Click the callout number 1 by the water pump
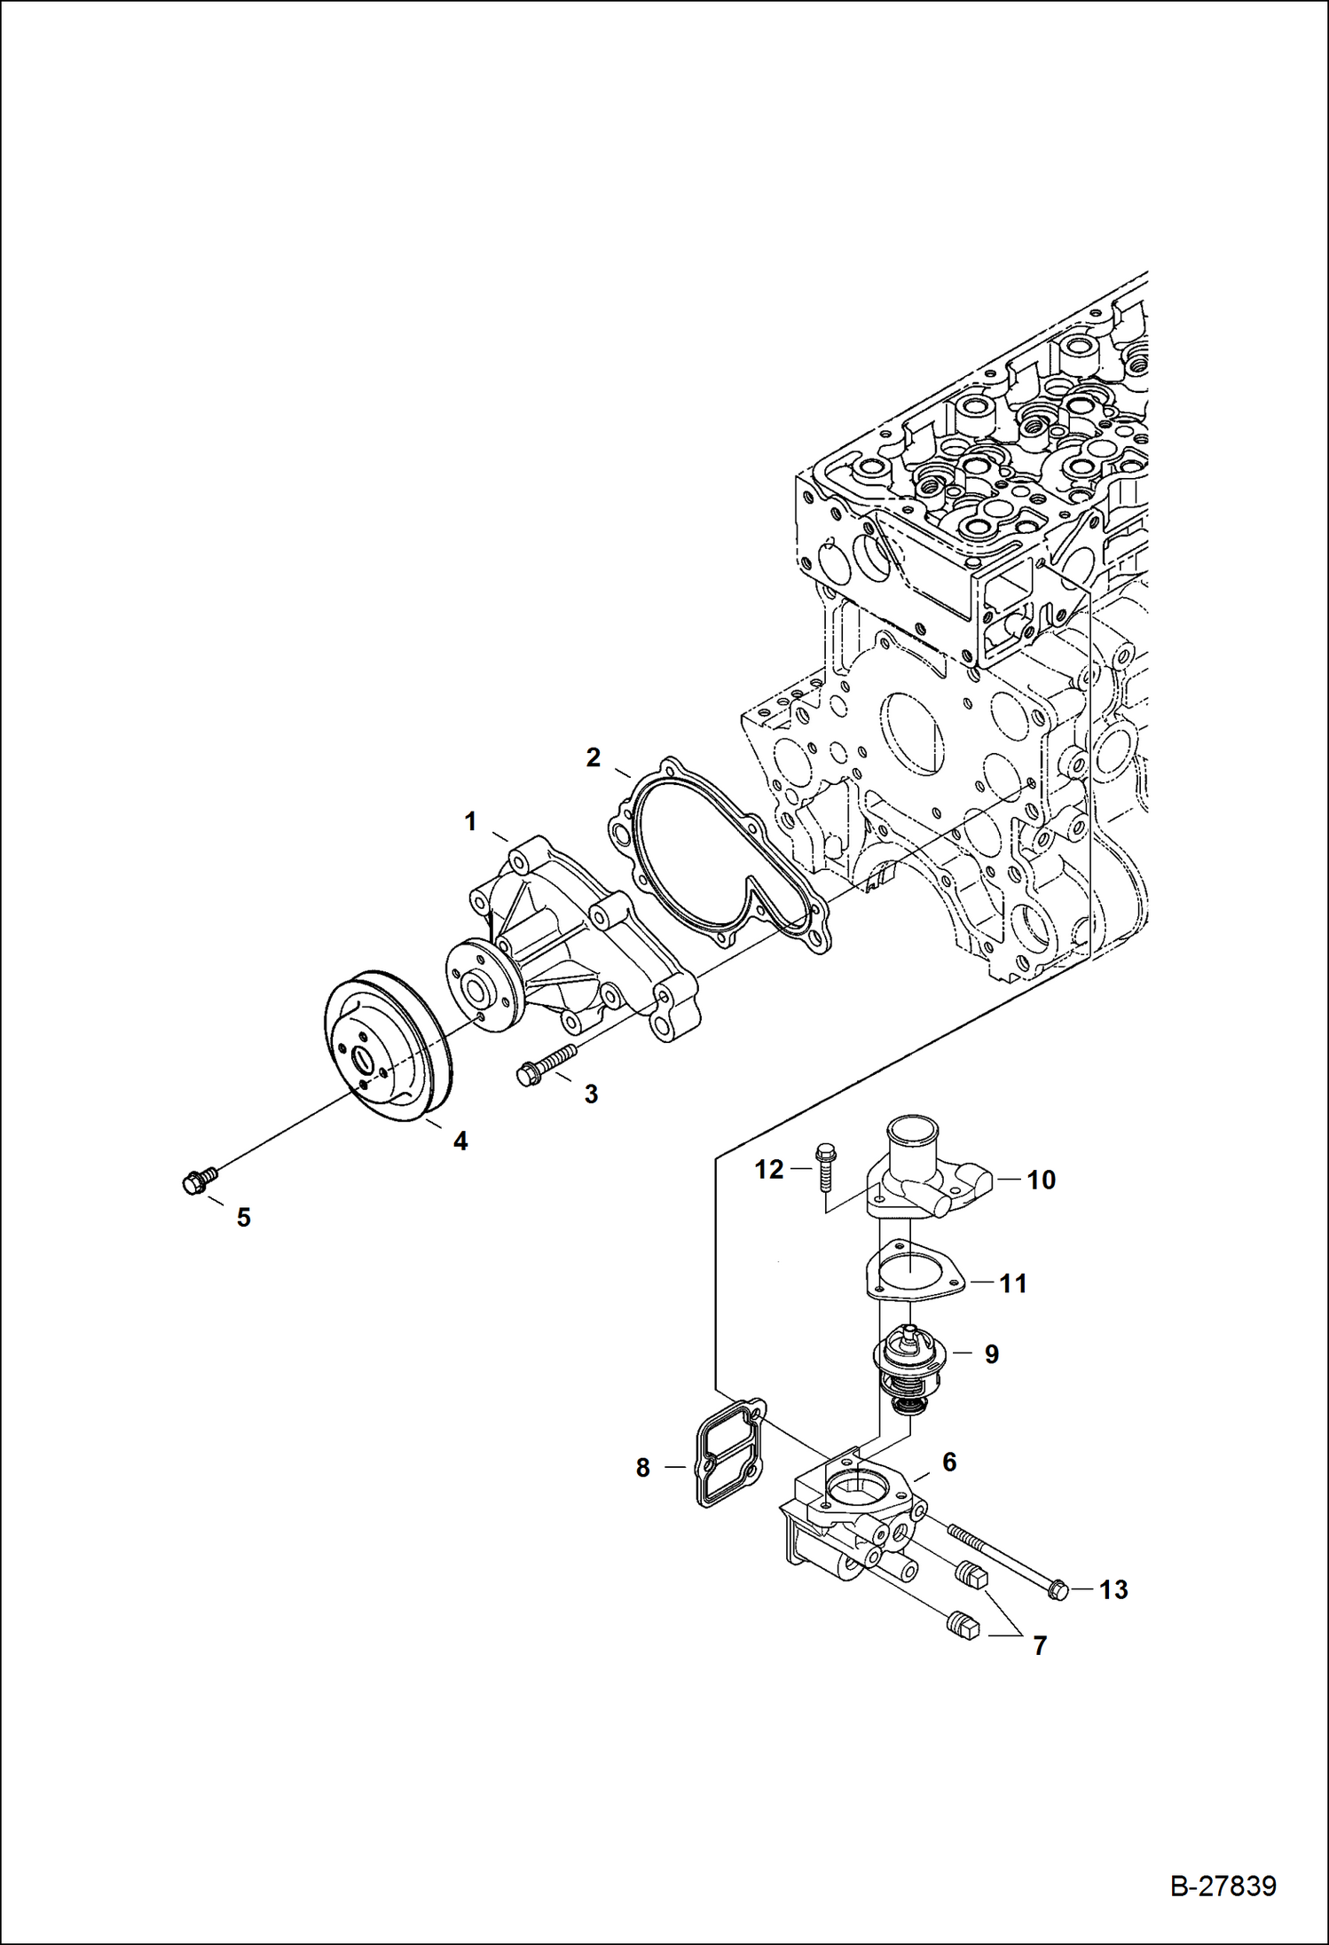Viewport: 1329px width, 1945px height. (470, 822)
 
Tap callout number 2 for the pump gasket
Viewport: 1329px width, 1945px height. (593, 757)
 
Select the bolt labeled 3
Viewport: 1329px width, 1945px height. (546, 1063)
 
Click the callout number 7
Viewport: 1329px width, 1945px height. (1040, 1646)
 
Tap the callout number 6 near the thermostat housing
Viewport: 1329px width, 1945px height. (948, 1463)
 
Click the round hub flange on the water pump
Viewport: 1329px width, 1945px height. (480, 985)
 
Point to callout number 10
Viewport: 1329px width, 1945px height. (1041, 1180)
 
